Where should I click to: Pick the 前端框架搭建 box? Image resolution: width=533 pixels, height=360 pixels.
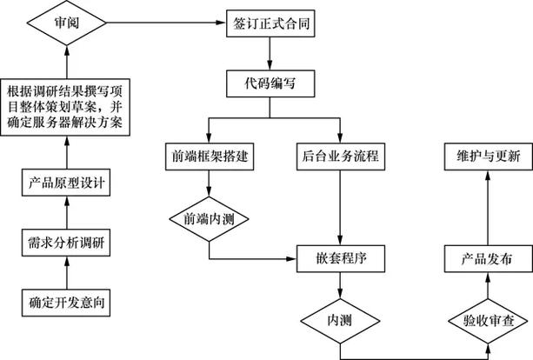(x=210, y=157)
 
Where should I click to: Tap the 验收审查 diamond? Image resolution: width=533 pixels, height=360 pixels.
(x=487, y=319)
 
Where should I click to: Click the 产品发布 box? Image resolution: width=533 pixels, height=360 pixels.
(x=487, y=258)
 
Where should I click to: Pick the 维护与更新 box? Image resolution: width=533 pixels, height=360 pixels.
(x=487, y=157)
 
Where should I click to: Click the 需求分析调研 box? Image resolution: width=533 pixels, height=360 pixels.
(x=68, y=243)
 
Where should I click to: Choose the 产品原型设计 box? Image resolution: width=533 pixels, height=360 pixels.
(x=68, y=183)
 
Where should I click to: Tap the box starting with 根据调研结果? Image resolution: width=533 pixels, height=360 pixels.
(x=68, y=108)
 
